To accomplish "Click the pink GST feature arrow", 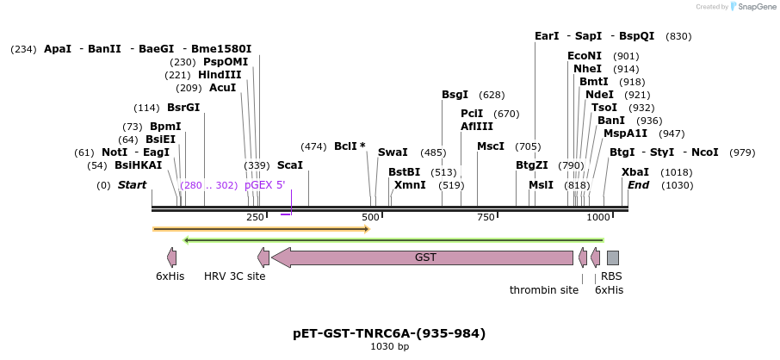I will tap(422, 258).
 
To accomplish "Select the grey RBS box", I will tap(613, 258).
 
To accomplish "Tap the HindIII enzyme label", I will tap(220, 75).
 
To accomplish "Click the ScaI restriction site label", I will tap(290, 164).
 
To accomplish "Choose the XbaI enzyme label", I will tap(635, 171).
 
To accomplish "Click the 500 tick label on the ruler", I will tap(370, 217).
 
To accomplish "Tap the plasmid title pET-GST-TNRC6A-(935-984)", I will tap(389, 333).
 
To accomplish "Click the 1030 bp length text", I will tap(389, 347).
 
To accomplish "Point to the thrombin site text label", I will tap(544, 290).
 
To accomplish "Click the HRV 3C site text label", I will tap(234, 276).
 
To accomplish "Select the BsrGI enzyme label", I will tap(183, 108).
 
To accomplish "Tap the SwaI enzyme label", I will tap(393, 152).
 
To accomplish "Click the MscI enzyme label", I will tap(491, 146).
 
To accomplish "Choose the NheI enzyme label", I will tap(587, 69).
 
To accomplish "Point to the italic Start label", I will tap(132, 185).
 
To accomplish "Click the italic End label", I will tap(638, 185).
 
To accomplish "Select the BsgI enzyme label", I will tap(455, 95).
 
